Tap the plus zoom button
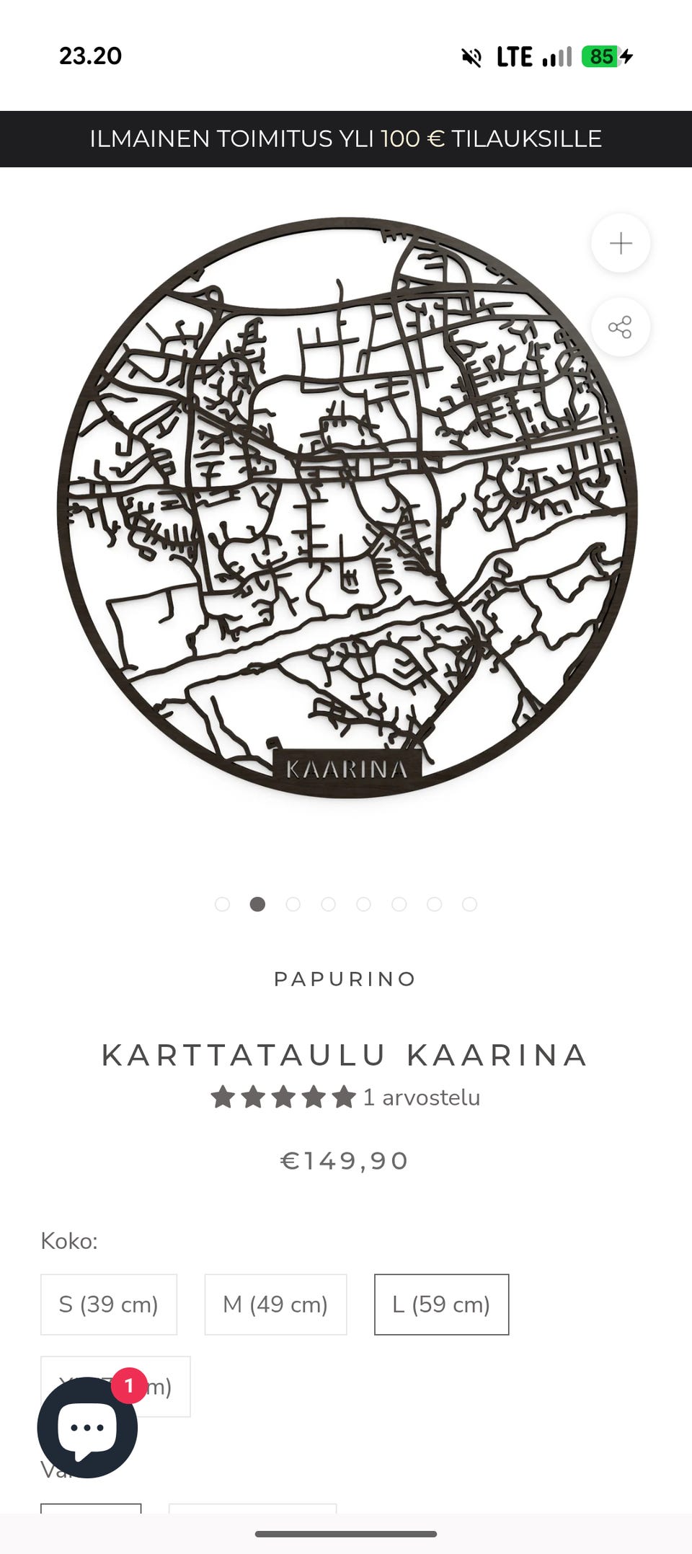point(621,243)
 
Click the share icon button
point(621,327)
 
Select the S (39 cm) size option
point(109,1304)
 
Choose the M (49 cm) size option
point(275,1304)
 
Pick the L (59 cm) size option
point(441,1304)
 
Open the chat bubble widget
point(87,1428)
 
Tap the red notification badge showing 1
point(129,1385)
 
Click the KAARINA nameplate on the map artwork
point(347,769)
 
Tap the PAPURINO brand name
point(345,979)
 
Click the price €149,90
point(345,1160)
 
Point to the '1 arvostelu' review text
point(422,1097)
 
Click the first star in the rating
point(223,1097)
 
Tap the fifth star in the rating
point(344,1097)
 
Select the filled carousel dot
point(257,904)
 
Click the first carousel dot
point(222,904)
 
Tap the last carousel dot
point(469,904)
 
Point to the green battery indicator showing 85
point(600,56)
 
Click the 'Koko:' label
point(69,1241)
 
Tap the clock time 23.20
point(91,56)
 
